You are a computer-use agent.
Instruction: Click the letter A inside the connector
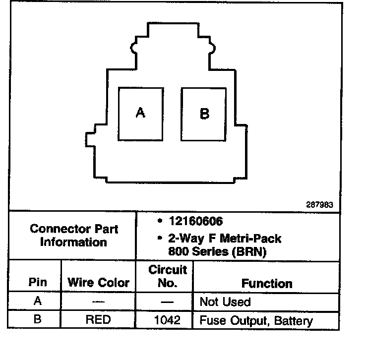[140, 113]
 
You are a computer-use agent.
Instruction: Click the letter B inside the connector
[204, 114]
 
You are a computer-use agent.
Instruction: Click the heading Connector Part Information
[74, 236]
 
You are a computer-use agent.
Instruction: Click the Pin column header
[37, 283]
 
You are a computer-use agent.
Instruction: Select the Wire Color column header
[98, 283]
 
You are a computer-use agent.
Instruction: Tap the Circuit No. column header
[168, 277]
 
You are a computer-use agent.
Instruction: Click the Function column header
[266, 283]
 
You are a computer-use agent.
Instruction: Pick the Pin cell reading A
[37, 301]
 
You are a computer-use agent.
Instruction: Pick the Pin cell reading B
[37, 319]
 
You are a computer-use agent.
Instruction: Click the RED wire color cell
[98, 320]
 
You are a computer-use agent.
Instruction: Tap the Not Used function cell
[225, 301]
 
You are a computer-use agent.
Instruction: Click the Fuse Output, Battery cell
[256, 320]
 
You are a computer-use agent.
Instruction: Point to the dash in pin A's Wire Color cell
[98, 301]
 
